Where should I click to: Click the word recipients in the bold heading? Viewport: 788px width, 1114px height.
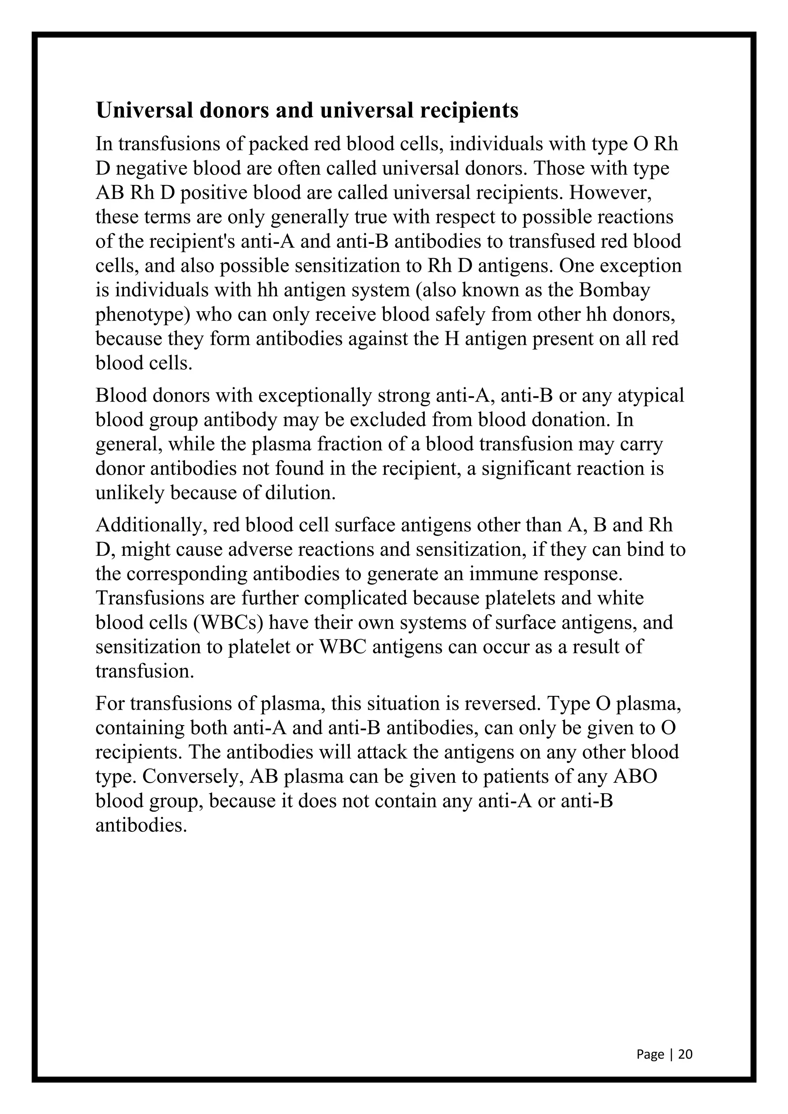coord(469,111)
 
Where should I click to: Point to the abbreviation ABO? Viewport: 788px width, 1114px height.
coord(635,776)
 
